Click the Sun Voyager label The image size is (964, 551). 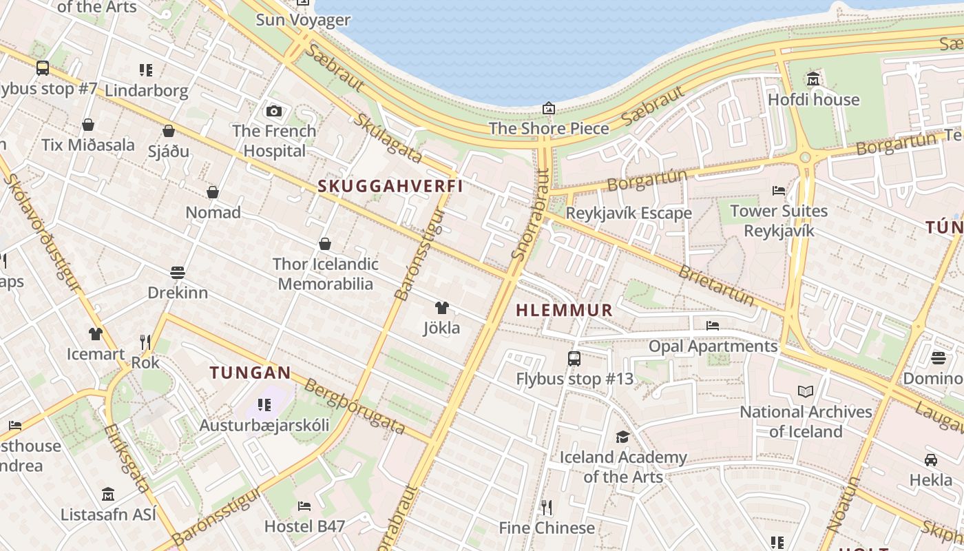(303, 19)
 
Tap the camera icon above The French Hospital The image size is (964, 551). (273, 111)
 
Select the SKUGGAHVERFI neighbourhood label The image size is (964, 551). (390, 186)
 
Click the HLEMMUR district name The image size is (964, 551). (564, 311)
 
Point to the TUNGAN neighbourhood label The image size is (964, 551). (250, 373)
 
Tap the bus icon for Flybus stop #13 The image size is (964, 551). (574, 358)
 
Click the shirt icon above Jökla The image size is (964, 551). (441, 308)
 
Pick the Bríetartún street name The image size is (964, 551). (716, 284)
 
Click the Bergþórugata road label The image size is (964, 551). (355, 406)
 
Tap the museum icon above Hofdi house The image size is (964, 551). (813, 79)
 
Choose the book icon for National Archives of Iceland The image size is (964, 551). (805, 392)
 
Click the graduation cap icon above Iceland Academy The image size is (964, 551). (622, 437)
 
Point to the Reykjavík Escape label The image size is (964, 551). (628, 214)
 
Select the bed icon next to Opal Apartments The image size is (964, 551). (713, 326)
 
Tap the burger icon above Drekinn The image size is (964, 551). (178, 273)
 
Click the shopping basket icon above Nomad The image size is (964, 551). (213, 192)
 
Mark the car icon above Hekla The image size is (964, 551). (930, 459)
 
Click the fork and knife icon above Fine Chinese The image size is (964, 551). (547, 508)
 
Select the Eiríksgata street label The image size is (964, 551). (127, 458)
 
